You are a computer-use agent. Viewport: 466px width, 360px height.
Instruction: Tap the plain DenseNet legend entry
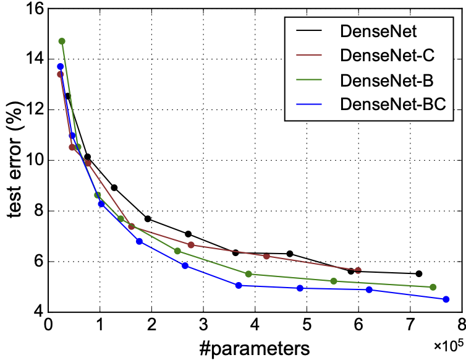click(x=378, y=31)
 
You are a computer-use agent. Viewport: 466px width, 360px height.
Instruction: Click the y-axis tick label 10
click(x=30, y=160)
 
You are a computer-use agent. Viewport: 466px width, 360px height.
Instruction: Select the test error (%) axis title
click(x=14, y=160)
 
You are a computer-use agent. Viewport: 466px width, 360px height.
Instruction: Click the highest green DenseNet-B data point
click(x=62, y=41)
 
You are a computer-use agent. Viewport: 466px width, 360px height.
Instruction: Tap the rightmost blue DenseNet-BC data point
click(x=446, y=299)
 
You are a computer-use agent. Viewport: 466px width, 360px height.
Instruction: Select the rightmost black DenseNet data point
click(x=419, y=273)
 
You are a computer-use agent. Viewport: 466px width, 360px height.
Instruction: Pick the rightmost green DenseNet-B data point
click(x=433, y=287)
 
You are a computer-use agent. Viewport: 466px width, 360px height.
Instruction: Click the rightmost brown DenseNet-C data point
click(x=358, y=270)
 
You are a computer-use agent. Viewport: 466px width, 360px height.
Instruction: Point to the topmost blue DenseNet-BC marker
click(x=61, y=67)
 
